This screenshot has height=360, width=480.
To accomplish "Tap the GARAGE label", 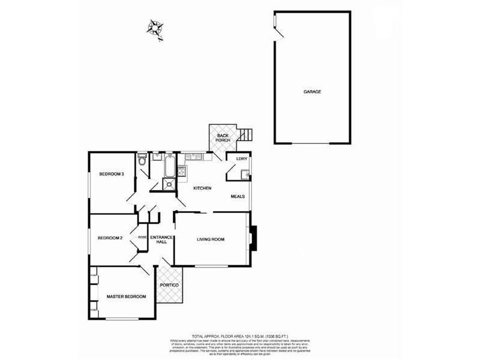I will (x=311, y=92).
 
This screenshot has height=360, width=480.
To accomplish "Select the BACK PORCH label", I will (x=223, y=138).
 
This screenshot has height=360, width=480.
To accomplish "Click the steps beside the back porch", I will (x=246, y=136).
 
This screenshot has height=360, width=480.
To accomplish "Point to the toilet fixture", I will (x=142, y=160).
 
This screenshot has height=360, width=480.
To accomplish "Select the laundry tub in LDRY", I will (x=244, y=175).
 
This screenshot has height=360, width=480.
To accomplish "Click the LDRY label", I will (x=242, y=159).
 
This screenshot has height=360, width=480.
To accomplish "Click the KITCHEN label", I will (x=202, y=189).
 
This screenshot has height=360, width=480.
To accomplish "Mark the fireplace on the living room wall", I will (x=253, y=238).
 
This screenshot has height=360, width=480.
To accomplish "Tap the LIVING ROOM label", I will (x=211, y=239).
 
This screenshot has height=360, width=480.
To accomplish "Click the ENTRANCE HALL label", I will (x=161, y=239).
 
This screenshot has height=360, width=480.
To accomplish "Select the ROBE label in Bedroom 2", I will (x=142, y=238).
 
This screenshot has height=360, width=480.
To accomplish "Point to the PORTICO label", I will (x=169, y=284).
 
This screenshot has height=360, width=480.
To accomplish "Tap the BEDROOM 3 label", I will (x=112, y=175).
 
